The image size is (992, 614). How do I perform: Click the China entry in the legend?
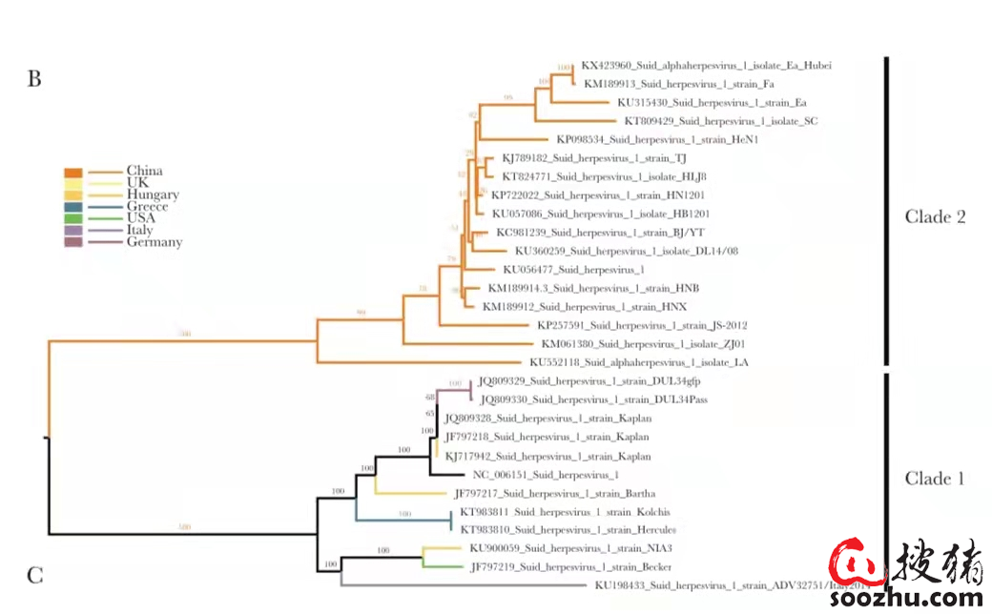[x=144, y=172]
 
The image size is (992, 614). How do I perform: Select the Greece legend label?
[x=147, y=207]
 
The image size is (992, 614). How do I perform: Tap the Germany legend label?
[x=154, y=242]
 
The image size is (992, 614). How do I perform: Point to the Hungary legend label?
[x=153, y=195]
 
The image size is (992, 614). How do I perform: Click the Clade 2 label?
[x=935, y=217]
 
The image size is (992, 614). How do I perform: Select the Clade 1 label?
[x=934, y=479]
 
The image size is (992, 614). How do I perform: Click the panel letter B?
[x=34, y=79]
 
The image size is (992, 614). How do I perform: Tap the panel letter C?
[x=34, y=575]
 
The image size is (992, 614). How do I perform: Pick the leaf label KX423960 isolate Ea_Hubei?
[x=706, y=66]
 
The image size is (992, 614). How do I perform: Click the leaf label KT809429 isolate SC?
[x=720, y=121]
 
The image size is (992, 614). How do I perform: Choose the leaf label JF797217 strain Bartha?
[x=554, y=493]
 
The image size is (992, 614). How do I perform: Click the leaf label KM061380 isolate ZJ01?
[x=643, y=344]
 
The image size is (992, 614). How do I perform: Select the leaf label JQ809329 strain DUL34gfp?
[x=589, y=381]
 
